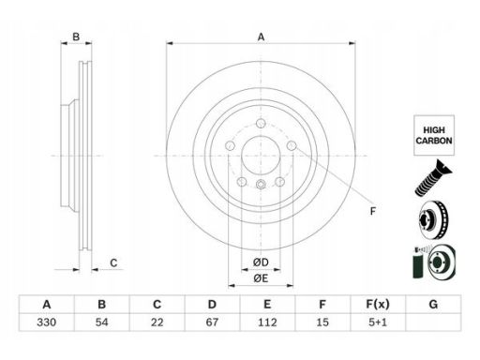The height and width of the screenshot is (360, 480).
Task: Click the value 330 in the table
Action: (47, 322)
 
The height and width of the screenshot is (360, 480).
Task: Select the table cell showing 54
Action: (102, 322)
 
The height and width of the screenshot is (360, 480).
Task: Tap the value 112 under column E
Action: (267, 322)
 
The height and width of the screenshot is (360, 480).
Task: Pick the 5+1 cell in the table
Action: (378, 322)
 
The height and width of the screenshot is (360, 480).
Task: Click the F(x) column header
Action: (378, 304)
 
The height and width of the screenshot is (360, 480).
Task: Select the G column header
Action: (433, 304)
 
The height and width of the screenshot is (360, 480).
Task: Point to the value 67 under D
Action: (212, 322)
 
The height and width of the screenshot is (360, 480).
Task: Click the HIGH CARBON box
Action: (434, 135)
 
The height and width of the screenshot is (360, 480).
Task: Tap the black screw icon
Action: (433, 177)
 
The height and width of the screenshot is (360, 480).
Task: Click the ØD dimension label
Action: (261, 262)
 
